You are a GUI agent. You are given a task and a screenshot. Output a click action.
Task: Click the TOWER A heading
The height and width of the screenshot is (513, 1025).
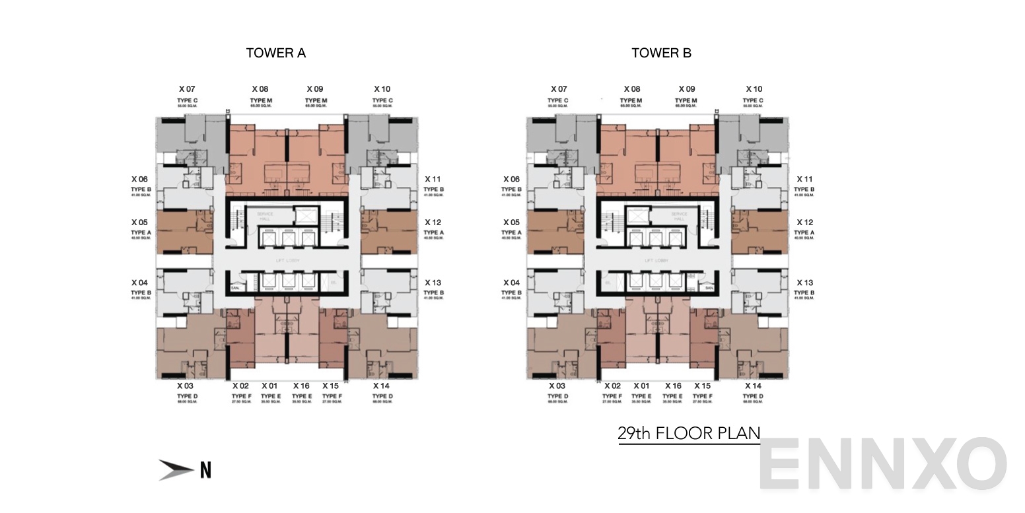tap(275, 53)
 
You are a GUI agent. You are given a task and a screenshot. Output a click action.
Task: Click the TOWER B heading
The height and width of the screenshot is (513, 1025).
tap(661, 53)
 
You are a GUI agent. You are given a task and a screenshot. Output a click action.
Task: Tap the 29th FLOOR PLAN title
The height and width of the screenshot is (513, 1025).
tap(689, 434)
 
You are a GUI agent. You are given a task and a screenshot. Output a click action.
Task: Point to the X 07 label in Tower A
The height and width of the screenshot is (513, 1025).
tap(187, 89)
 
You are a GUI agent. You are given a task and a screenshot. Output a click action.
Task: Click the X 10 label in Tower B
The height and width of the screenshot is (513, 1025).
tap(754, 89)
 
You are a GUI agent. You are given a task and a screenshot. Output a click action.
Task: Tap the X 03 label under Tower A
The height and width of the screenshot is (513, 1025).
tap(185, 386)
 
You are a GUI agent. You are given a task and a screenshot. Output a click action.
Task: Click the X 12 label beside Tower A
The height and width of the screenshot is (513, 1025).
tap(433, 222)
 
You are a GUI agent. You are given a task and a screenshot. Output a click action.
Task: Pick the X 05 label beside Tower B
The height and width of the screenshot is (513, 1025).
tap(511, 222)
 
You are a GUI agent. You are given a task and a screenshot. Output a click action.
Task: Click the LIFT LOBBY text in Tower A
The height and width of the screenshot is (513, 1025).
tap(287, 261)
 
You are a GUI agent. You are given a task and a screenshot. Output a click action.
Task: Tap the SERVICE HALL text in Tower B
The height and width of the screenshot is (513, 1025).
tap(679, 217)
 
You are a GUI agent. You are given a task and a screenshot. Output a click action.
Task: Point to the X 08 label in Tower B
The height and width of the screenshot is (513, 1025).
tap(632, 89)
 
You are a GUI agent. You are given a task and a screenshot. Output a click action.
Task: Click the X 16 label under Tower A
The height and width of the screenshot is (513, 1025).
tap(301, 386)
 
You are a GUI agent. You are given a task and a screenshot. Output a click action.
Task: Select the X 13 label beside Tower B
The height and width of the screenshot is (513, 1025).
tap(804, 283)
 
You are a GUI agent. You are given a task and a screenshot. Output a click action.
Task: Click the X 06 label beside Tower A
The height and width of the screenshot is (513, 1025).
tap(139, 179)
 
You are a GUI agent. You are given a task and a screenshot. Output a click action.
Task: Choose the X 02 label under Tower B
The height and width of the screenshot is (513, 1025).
tap(612, 386)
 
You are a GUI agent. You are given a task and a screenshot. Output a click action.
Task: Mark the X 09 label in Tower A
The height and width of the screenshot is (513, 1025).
tap(314, 89)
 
